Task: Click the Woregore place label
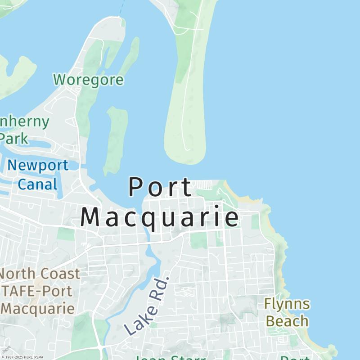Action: tap(88, 80)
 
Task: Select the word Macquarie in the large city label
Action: tap(160, 217)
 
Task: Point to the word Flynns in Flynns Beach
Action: tap(287, 304)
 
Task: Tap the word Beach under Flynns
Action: tap(287, 321)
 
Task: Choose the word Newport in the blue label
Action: tap(38, 165)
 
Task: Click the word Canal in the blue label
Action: tap(38, 184)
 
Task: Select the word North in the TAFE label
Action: tap(19, 274)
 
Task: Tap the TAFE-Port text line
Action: tap(37, 291)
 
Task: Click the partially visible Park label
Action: tap(13, 138)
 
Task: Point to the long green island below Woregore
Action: tap(115, 139)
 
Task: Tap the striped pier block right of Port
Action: tap(204, 184)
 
